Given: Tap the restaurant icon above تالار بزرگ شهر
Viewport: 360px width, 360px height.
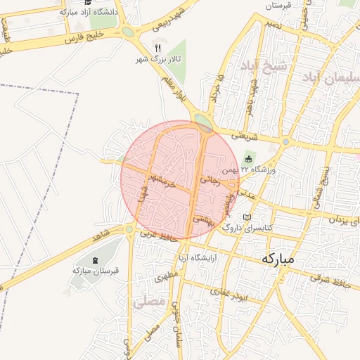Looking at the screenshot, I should [157, 47].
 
